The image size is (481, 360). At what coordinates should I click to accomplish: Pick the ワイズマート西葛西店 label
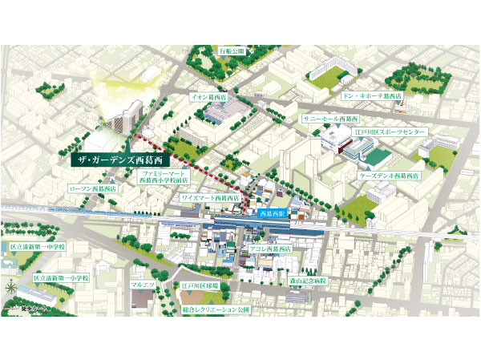[211, 196]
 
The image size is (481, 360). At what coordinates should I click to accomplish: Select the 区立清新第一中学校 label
[38, 247]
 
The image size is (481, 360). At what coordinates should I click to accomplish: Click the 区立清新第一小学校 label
[63, 279]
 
